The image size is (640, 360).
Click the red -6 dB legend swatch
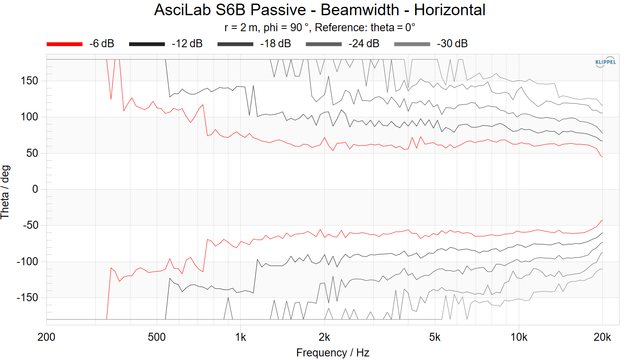click(x=64, y=44)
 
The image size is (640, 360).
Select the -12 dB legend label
click(x=187, y=44)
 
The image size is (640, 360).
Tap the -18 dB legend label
click(x=275, y=44)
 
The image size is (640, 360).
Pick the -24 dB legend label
click(x=364, y=44)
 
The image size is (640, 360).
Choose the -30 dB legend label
click(x=452, y=44)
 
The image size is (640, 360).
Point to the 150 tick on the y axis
click(x=30, y=81)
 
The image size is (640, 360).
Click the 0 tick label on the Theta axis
click(x=35, y=189)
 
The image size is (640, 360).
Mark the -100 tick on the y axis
click(x=27, y=262)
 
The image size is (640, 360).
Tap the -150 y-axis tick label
click(x=27, y=298)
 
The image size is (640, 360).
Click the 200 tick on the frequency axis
click(x=46, y=337)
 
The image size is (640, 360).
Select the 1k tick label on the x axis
click(x=240, y=337)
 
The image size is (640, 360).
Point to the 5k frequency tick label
click(x=435, y=337)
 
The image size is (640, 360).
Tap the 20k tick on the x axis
click(x=602, y=337)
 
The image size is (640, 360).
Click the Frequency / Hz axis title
click(x=332, y=353)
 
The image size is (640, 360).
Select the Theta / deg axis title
click(x=5, y=192)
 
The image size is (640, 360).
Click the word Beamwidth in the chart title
click(x=360, y=10)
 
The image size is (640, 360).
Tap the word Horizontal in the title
click(x=450, y=10)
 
